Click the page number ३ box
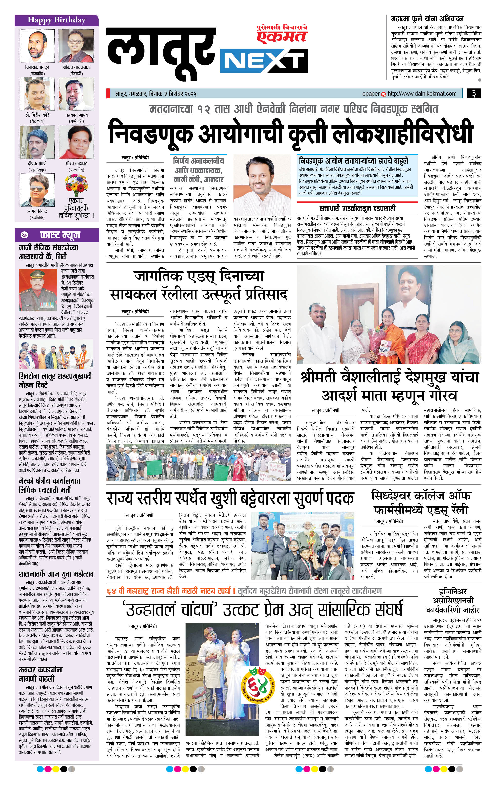point(474,94)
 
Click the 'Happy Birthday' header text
point(56,20)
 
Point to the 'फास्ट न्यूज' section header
point(60,235)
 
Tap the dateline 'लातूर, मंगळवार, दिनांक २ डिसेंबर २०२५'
point(155,94)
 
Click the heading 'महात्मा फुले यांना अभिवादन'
point(427,19)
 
